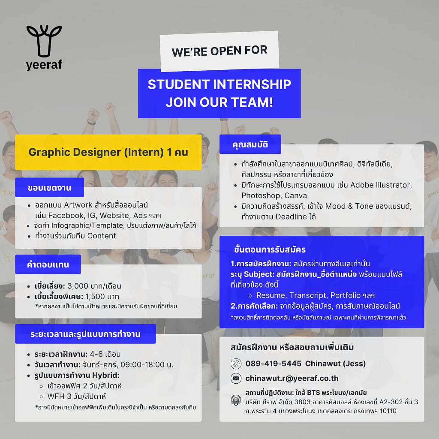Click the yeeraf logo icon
[x=44, y=41]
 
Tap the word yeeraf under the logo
[x=44, y=65]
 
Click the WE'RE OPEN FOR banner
[x=219, y=51]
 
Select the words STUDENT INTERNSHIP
[x=219, y=84]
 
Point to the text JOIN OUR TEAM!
[x=219, y=102]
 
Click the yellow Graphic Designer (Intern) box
[x=108, y=152]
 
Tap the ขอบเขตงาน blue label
[x=50, y=188]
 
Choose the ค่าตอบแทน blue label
[x=48, y=264]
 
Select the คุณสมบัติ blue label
[x=250, y=144]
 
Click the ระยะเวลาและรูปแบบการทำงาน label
[x=85, y=334]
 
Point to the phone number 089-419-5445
[x=273, y=364]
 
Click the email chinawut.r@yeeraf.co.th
[x=292, y=378]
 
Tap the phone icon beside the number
[x=236, y=364]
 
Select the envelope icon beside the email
[x=236, y=379]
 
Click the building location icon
[x=236, y=400]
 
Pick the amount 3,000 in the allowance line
[x=78, y=286]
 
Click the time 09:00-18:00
[x=142, y=364]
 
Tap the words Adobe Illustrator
[x=381, y=185]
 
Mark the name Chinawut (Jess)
[x=335, y=364]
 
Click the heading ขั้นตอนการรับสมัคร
[x=270, y=249]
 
